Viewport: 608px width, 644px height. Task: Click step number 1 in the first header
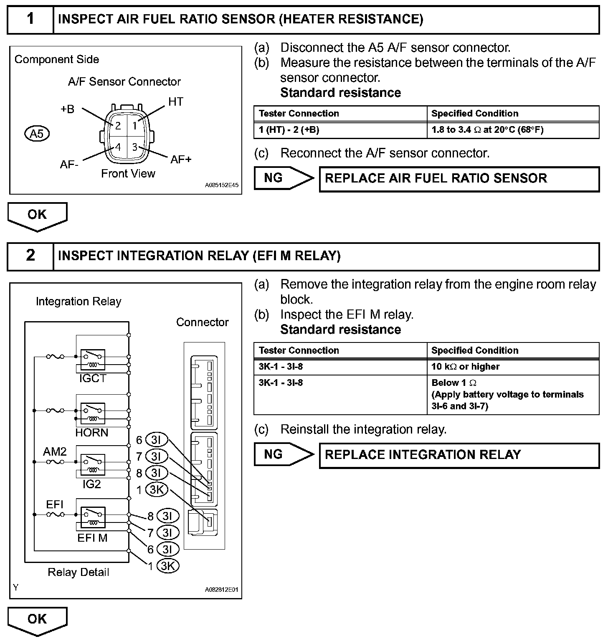click(x=30, y=19)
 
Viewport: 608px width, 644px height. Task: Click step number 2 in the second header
click(x=30, y=255)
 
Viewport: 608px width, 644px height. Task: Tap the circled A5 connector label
click(x=37, y=134)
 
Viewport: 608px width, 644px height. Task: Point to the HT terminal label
click(x=176, y=101)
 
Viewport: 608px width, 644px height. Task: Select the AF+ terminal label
click(x=181, y=159)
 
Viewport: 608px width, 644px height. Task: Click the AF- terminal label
click(x=69, y=164)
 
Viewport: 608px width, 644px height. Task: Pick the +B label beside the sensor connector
click(x=68, y=109)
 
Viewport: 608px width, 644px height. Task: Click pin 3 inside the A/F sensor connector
click(x=134, y=147)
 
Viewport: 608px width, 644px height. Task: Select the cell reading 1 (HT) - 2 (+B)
click(x=289, y=130)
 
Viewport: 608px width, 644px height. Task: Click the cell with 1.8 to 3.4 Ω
click(x=487, y=130)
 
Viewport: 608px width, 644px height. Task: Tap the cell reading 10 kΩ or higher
click(x=465, y=367)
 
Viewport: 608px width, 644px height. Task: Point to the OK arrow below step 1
click(x=37, y=216)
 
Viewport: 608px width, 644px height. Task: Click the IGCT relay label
click(x=93, y=378)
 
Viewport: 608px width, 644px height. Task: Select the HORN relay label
click(x=92, y=432)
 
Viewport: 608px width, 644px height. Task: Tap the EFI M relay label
click(x=92, y=538)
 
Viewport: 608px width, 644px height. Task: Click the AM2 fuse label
click(x=55, y=451)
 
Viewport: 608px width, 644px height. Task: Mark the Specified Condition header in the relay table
click(x=475, y=350)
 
